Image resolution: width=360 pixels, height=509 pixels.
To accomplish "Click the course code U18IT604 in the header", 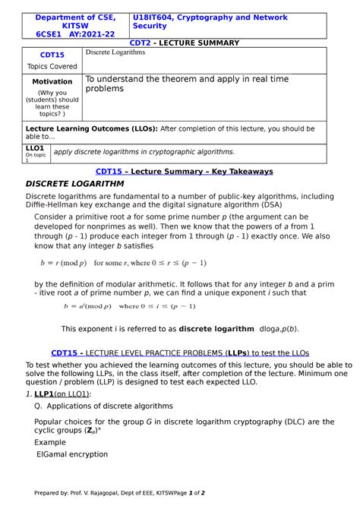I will pos(156,17).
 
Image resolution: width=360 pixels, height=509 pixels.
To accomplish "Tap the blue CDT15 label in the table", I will pos(52,55).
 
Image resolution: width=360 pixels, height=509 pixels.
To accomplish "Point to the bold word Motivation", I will pos(52,81).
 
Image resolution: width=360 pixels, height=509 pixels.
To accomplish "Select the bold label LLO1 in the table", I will pos(35,148).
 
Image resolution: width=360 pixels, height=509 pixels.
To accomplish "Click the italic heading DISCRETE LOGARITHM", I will pos(75,184).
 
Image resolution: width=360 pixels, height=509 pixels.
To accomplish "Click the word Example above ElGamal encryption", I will pos(50,441).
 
